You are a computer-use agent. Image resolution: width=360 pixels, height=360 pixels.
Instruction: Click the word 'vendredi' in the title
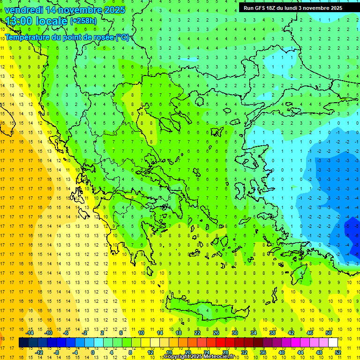24,10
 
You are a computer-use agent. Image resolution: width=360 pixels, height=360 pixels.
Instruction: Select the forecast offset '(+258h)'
83,21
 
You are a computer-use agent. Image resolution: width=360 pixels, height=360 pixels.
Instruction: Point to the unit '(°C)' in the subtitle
122,37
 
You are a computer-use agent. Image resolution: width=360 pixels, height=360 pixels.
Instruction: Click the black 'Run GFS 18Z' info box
293,7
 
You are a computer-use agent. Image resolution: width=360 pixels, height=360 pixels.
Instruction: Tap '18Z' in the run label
271,7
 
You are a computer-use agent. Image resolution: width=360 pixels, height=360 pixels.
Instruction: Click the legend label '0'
93,352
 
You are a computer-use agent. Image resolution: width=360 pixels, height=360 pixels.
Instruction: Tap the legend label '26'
216,333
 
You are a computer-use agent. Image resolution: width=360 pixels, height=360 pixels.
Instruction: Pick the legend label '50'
329,333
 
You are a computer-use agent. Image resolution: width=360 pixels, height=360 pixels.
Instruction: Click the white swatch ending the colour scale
333,343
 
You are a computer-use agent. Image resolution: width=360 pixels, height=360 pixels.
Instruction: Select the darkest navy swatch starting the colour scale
23,343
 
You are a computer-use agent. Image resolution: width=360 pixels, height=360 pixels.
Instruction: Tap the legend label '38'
272,333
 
